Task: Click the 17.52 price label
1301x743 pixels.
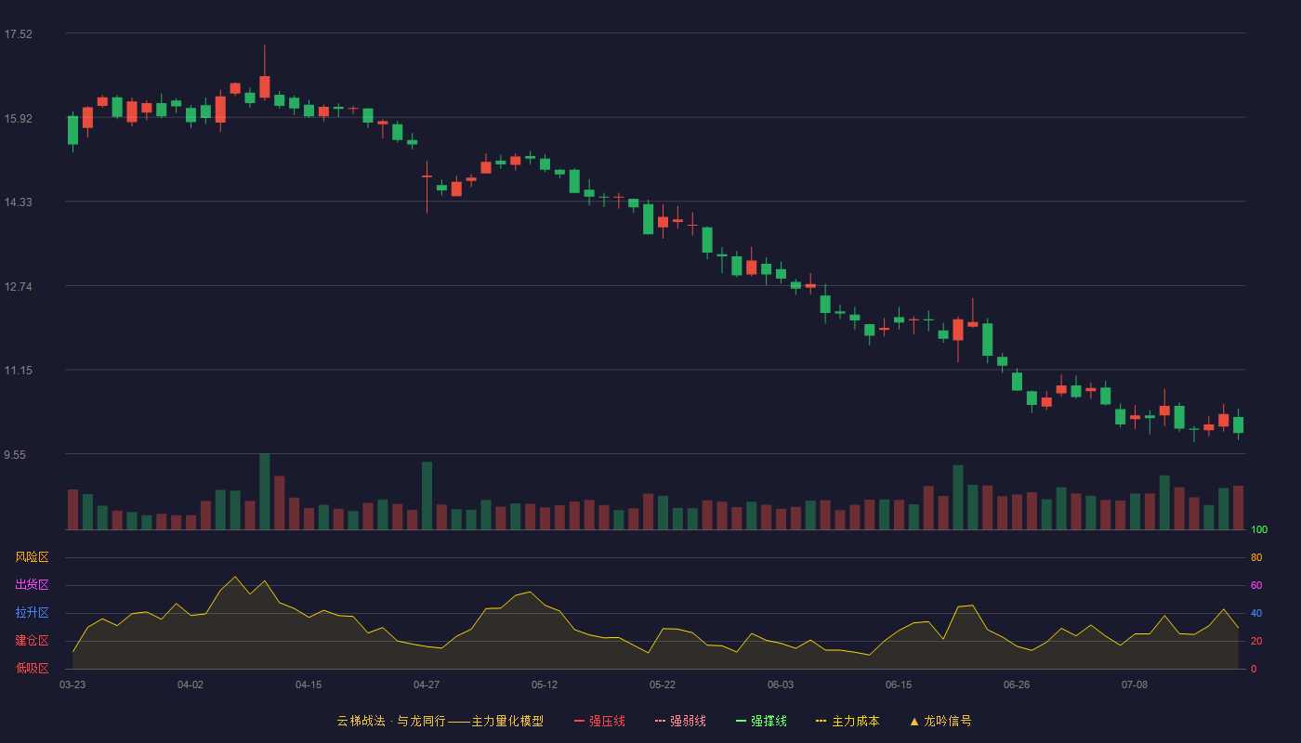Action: [x=18, y=34]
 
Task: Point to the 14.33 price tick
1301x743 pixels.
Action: [x=18, y=202]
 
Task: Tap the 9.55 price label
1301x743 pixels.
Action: [x=15, y=454]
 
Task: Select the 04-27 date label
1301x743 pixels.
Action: [x=427, y=685]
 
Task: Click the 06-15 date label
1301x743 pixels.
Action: [x=899, y=685]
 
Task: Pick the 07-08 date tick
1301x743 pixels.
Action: [x=1135, y=685]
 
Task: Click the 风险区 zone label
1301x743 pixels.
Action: [x=32, y=557]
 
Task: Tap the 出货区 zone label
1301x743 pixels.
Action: [x=32, y=584]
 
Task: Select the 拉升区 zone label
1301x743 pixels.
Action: [x=32, y=612]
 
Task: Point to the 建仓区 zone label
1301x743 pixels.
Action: [x=32, y=640]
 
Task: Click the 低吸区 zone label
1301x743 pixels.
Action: [x=32, y=668]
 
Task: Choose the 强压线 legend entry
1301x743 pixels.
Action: [x=600, y=721]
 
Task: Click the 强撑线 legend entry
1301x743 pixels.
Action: [x=761, y=721]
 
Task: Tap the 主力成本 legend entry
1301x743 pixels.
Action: [x=848, y=721]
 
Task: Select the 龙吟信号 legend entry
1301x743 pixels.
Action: [x=940, y=721]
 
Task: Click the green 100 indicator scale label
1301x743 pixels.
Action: [x=1259, y=529]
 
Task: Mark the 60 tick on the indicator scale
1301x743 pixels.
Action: [x=1256, y=585]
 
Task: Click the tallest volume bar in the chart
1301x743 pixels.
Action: [x=264, y=491]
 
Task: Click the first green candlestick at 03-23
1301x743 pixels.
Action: [x=72, y=130]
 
